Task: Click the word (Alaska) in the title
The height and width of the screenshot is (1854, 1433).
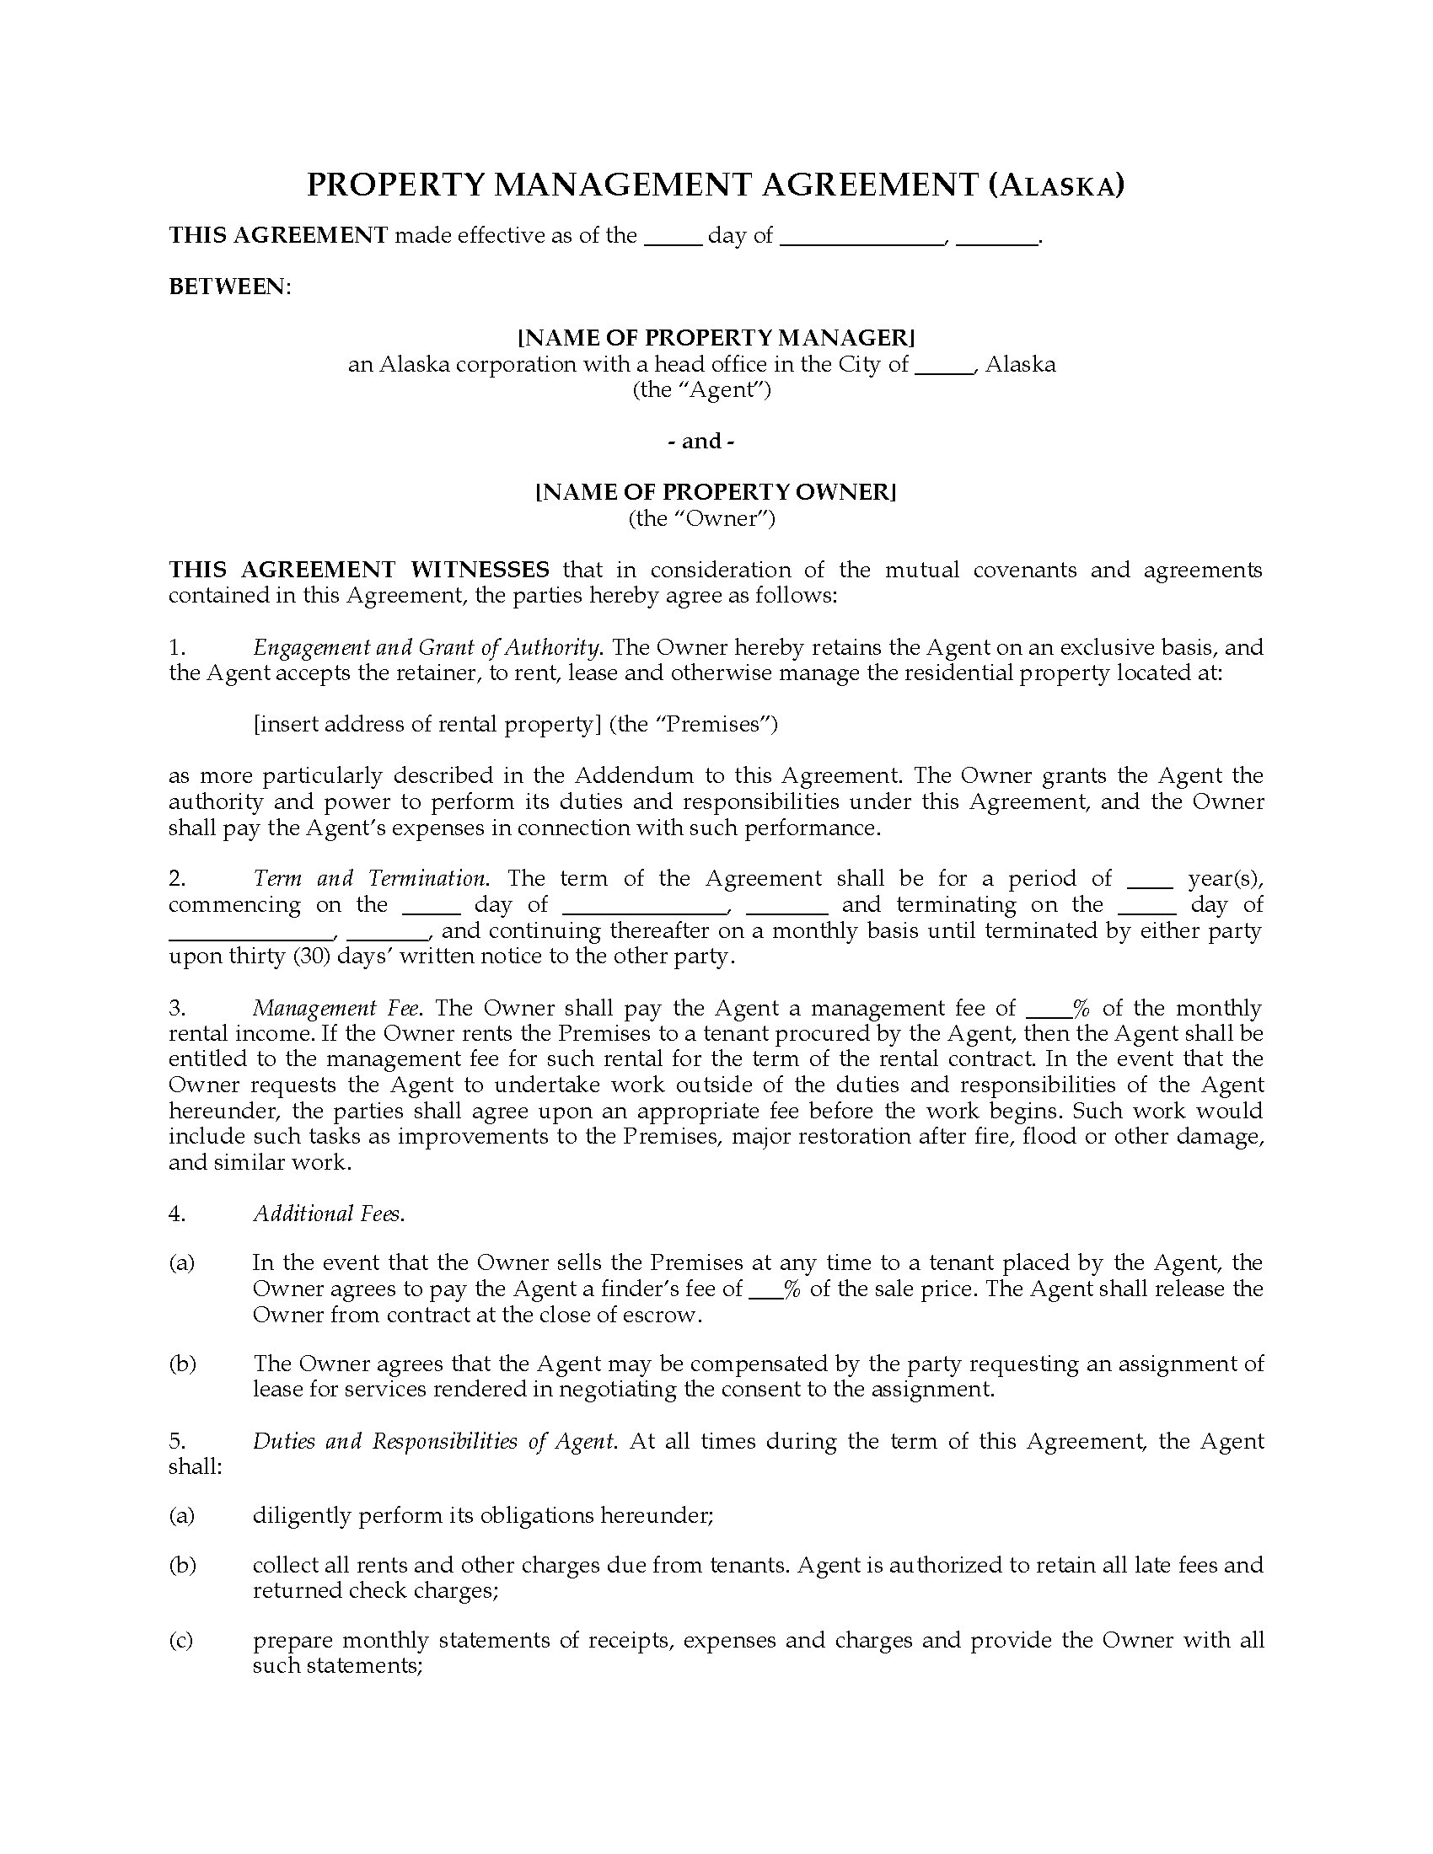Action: (1056, 185)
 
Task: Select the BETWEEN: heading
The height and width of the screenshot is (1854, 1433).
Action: (229, 287)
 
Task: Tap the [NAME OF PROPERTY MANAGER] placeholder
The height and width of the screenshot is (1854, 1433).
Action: (716, 338)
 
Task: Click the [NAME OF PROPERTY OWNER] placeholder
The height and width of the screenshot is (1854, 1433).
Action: (716, 492)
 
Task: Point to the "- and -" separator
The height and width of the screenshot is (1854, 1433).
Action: (701, 442)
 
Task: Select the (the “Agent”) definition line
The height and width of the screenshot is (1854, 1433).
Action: (701, 389)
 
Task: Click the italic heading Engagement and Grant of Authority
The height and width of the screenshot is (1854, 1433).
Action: (428, 648)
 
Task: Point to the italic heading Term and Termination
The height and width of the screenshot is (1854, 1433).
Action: (370, 879)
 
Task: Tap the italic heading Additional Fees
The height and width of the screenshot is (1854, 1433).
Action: (329, 1214)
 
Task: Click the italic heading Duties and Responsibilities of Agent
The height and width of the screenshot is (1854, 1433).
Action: (434, 1441)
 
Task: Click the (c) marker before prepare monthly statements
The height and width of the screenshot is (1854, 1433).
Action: (181, 1640)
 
